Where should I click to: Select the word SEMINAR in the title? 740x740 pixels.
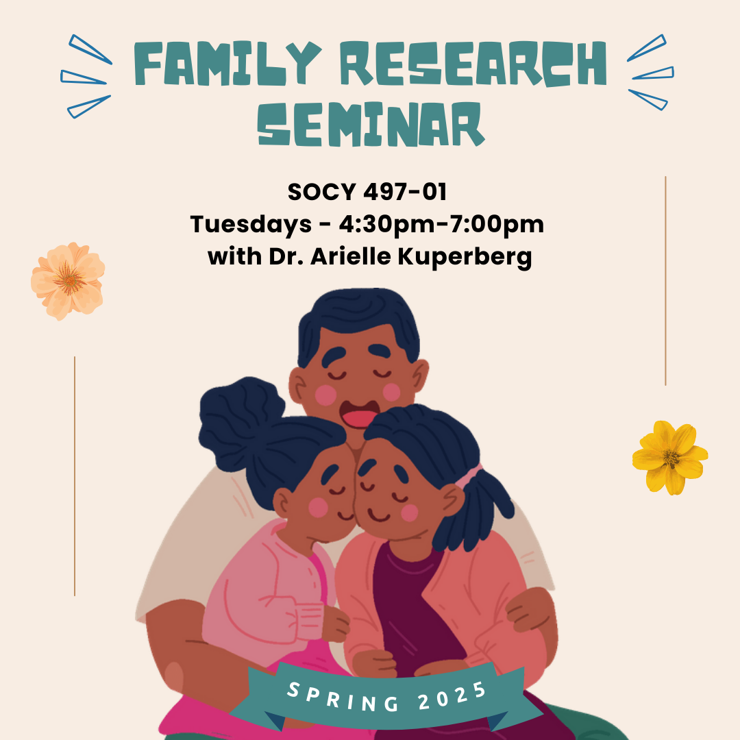click(371, 124)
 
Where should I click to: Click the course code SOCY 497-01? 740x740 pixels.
click(367, 192)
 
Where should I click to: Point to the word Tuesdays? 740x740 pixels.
click(251, 225)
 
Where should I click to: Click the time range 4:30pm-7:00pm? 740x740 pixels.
click(441, 224)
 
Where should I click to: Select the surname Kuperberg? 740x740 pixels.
click(465, 257)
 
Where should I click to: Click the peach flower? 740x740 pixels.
click(68, 282)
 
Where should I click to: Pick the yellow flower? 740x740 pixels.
click(670, 458)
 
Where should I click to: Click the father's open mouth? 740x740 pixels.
click(360, 414)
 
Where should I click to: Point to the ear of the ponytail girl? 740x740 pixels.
click(453, 500)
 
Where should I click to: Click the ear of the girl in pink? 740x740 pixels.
click(282, 503)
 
